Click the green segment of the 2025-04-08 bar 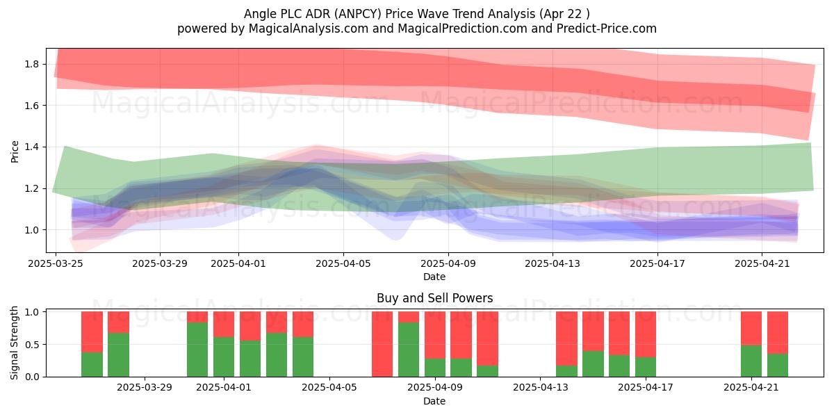click(409, 350)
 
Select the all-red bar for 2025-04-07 click(382, 344)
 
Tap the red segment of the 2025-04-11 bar click(487, 338)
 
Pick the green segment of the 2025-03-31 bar click(197, 350)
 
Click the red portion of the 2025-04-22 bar click(778, 332)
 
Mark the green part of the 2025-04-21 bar click(751, 361)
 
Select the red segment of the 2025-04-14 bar click(566, 338)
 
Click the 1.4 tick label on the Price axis click(32, 147)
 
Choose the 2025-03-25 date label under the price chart click(56, 263)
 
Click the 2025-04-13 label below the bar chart click(540, 388)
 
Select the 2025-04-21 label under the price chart click(762, 263)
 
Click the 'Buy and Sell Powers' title click(435, 298)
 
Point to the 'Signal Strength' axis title click(14, 343)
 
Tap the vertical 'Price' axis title click(15, 152)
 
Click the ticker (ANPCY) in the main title click(358, 14)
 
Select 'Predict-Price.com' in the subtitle click(607, 28)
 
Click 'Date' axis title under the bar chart click(434, 401)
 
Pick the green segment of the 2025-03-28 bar click(118, 355)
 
